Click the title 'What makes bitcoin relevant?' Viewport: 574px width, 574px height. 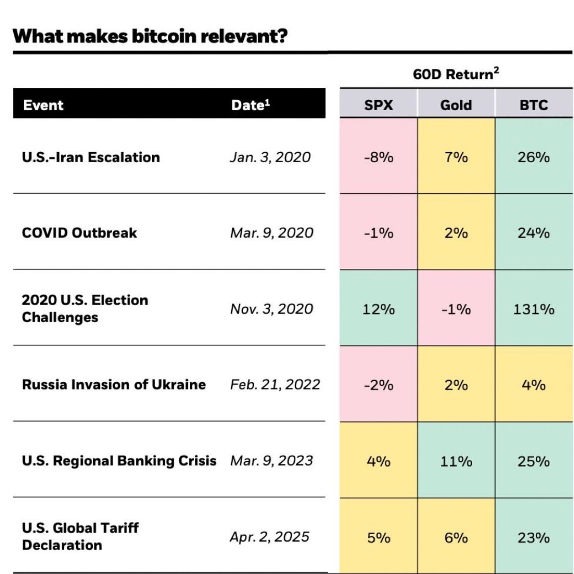coord(150,36)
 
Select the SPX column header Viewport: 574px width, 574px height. coord(379,105)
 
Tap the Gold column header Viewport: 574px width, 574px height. coord(456,105)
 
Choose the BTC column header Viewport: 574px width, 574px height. coord(534,105)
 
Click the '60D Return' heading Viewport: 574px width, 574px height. coord(456,74)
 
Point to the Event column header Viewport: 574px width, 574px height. coord(43,105)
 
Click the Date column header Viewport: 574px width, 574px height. coord(251,105)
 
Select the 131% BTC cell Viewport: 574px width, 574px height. coord(534,309)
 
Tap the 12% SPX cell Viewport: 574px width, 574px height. coord(379,309)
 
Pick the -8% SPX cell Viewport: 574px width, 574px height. coord(379,157)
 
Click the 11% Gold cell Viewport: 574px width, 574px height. coord(456,461)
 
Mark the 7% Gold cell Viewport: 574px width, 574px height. coord(456,157)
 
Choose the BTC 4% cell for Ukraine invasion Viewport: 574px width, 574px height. coord(534,385)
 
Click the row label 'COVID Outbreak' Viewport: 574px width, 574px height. coord(80,233)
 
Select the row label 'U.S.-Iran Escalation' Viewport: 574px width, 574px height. coord(91,157)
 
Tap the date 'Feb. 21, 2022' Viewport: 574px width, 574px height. coord(275,385)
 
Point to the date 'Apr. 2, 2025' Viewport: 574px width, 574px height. coord(269,537)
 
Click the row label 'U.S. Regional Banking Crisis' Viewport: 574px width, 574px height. coord(119,461)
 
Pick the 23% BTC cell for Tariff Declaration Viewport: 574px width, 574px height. coord(534,538)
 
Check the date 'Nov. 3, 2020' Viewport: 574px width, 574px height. coord(271,309)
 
